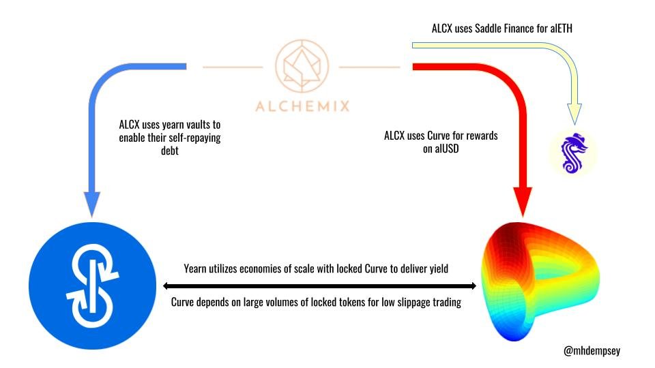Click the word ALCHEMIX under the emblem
point(302,106)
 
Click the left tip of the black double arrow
point(164,286)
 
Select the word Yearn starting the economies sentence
point(198,269)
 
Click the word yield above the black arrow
point(437,269)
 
